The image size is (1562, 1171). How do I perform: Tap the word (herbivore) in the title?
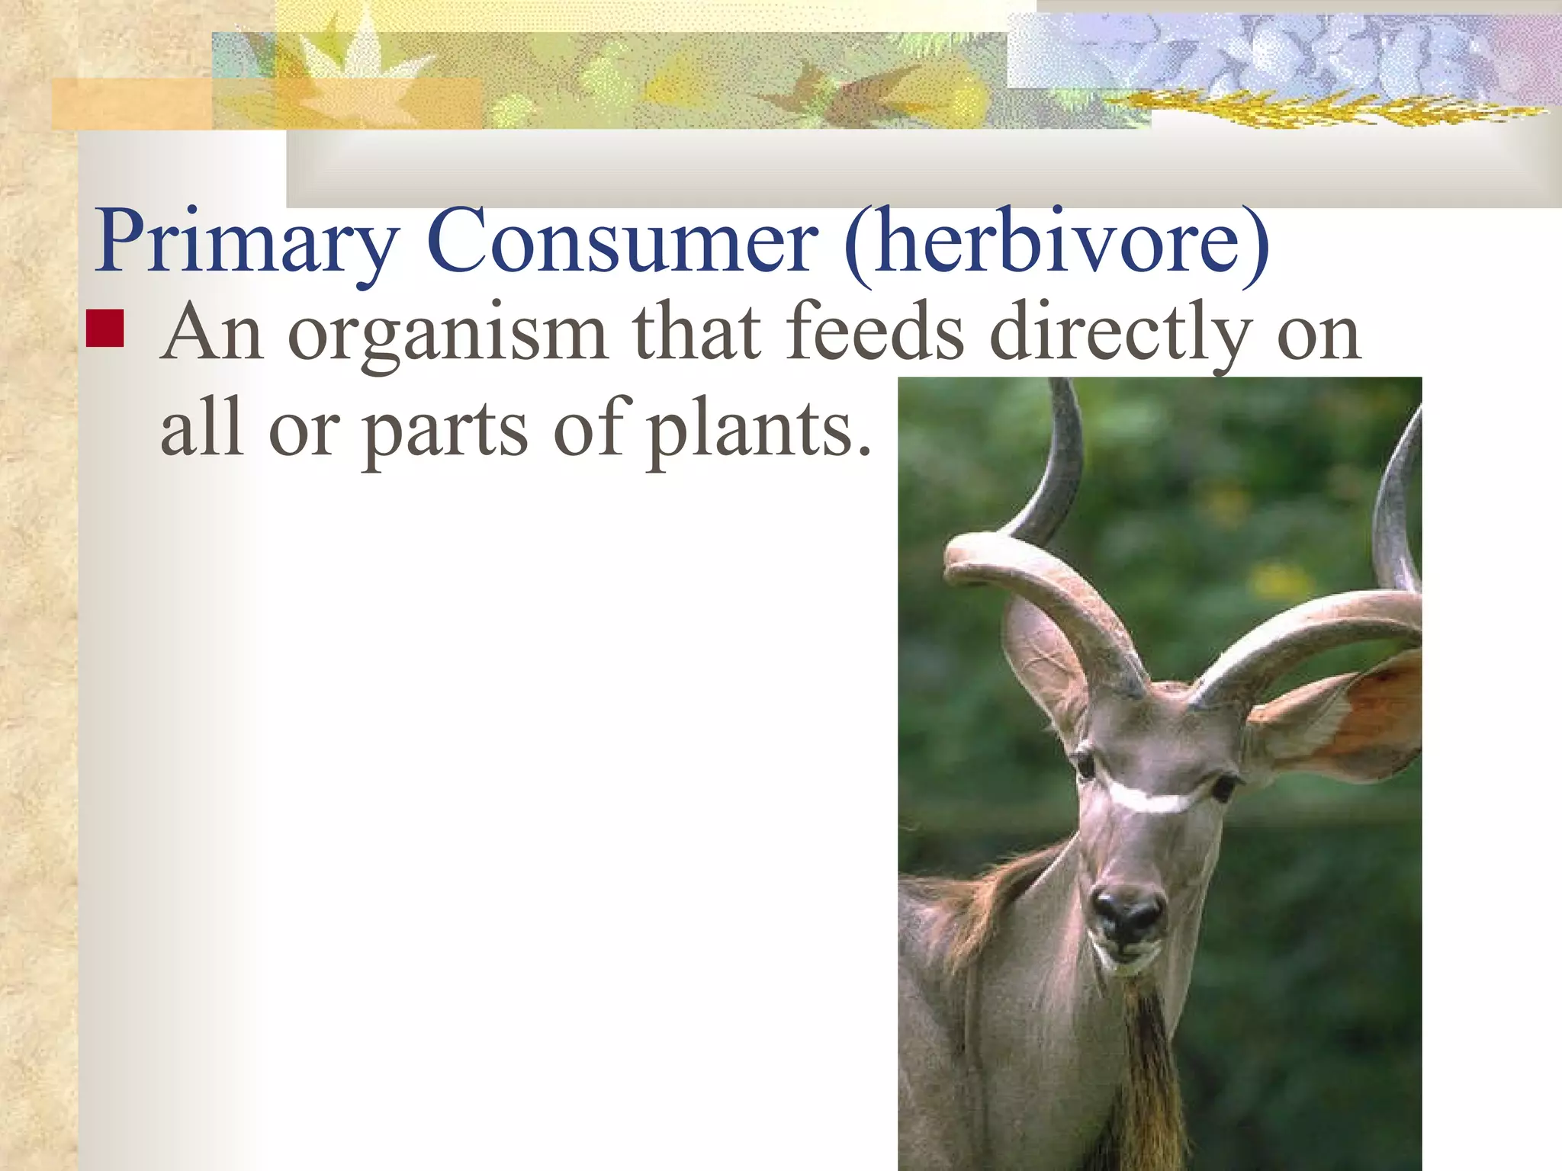(x=1056, y=242)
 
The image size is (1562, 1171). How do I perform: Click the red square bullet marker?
(x=105, y=329)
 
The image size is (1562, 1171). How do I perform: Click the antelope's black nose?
(x=1127, y=913)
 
